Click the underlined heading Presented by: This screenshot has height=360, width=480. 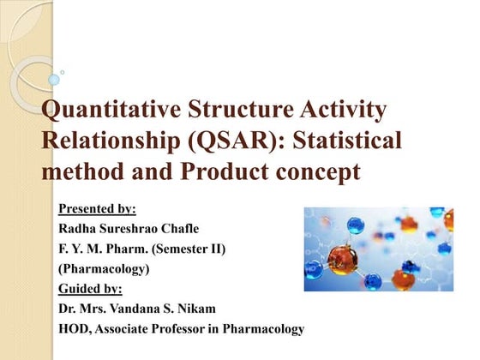pyautogui.click(x=97, y=208)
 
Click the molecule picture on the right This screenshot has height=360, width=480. pyautogui.click(x=378, y=249)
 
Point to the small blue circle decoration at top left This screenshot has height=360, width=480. pyautogui.click(x=54, y=80)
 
